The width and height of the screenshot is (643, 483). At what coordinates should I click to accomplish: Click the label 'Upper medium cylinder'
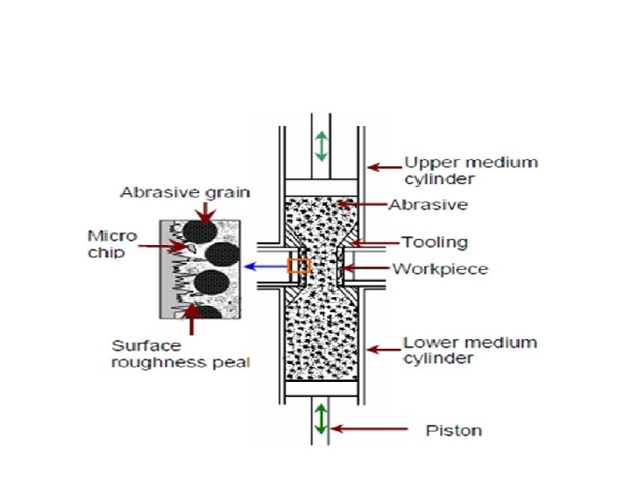click(472, 170)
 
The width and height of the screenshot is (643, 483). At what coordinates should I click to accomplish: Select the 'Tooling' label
click(434, 242)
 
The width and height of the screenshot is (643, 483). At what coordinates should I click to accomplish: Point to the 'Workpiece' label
click(440, 268)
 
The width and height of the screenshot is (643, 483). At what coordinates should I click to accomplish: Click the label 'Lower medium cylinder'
click(470, 350)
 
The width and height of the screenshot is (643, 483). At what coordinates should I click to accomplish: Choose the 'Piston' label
click(453, 430)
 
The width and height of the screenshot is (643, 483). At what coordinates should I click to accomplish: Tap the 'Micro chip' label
click(112, 243)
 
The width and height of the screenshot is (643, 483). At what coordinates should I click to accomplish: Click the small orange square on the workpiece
click(298, 266)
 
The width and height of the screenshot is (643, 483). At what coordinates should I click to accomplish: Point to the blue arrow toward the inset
click(265, 266)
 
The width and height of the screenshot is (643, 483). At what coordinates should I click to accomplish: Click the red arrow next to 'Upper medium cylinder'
click(384, 165)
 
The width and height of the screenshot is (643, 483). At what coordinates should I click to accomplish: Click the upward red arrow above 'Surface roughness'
click(190, 319)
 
